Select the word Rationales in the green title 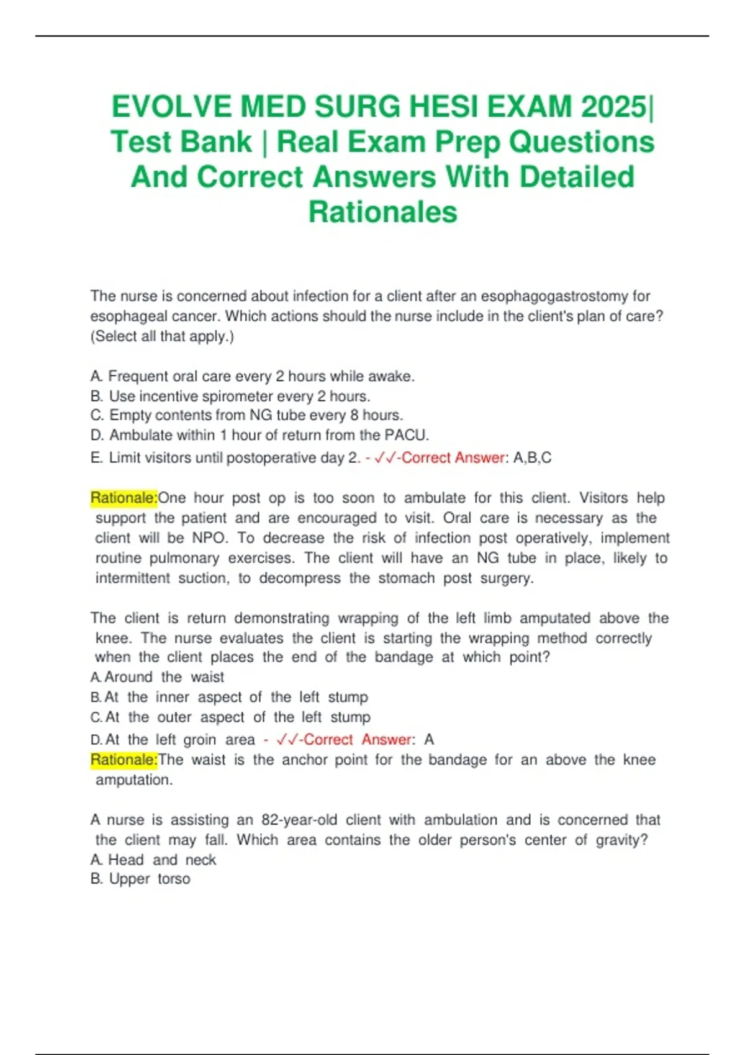pyautogui.click(x=382, y=212)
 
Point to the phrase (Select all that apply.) pyautogui.click(x=162, y=336)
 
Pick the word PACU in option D pyautogui.click(x=406, y=435)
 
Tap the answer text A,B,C pyautogui.click(x=532, y=458)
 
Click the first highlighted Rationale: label pyautogui.click(x=124, y=498)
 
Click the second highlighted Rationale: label pyautogui.click(x=124, y=760)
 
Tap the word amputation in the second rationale pyautogui.click(x=133, y=780)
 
